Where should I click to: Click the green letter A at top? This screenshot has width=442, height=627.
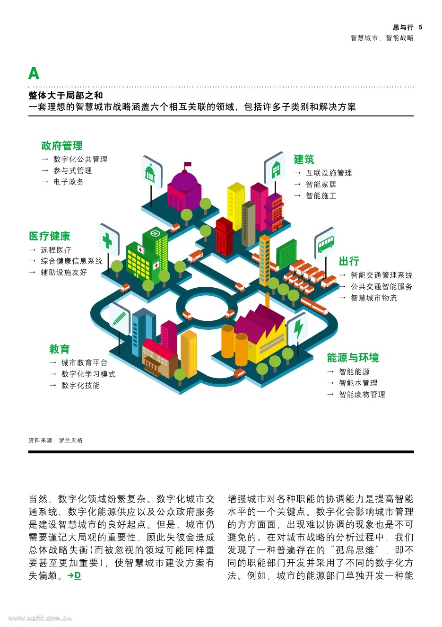pos(34,73)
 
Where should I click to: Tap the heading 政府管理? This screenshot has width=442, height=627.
pos(62,146)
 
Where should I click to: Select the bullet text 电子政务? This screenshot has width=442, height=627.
pos(69,182)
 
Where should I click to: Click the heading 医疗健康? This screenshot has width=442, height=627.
pos(50,236)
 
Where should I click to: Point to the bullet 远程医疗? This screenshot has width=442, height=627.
pos(56,250)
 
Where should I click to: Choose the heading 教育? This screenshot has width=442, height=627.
pos(60,349)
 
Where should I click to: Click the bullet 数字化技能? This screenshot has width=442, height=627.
pos(80,386)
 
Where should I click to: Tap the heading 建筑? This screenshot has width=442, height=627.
pos(304,159)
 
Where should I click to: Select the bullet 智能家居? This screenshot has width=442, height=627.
pos(321,185)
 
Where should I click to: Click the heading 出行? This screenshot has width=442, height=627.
pos(349,261)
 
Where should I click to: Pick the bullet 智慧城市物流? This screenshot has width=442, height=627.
pos(373,298)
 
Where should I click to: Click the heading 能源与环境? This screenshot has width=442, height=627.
pos(353,358)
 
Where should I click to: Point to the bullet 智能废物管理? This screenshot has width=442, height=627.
pos(362,395)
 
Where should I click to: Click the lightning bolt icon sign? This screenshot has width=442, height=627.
pos(298,328)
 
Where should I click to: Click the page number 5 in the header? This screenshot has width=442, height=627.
pos(421,27)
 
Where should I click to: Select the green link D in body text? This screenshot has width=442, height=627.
pos(78,575)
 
